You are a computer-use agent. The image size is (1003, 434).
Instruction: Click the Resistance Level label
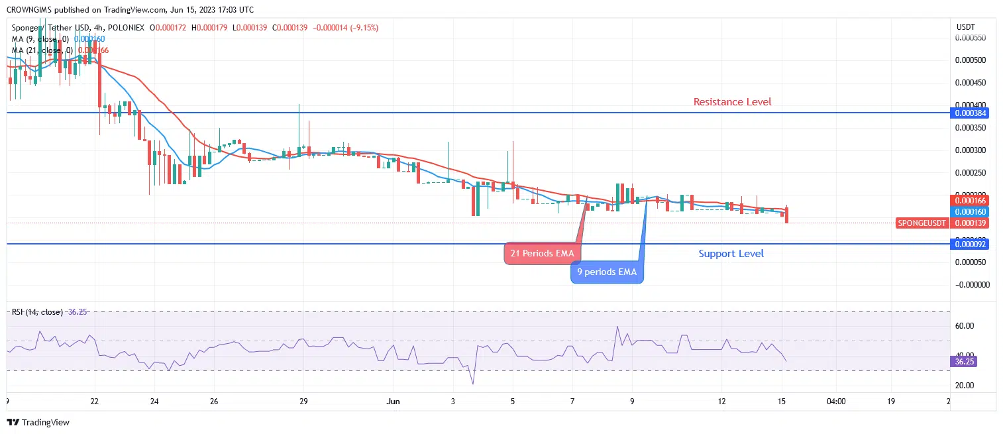tap(732, 102)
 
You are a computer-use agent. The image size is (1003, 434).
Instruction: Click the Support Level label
tap(731, 254)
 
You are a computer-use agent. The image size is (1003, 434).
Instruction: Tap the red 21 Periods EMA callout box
tap(541, 254)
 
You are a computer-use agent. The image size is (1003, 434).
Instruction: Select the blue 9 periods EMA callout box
tap(606, 272)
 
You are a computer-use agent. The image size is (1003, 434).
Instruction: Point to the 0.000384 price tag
tap(971, 113)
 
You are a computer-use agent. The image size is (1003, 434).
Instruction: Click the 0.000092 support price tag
tap(971, 244)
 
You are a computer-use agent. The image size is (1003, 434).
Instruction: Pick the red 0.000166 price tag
tap(971, 200)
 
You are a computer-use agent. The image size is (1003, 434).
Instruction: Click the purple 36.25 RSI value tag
tap(964, 362)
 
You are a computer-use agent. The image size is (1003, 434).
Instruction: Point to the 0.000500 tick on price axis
tap(971, 60)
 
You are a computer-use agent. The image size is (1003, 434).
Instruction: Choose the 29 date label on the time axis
tap(303, 401)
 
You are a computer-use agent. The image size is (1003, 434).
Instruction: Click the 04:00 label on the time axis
tap(836, 401)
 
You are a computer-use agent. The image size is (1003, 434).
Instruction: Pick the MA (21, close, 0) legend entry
tap(43, 50)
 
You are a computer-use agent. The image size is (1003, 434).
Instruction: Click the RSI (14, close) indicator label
tap(37, 312)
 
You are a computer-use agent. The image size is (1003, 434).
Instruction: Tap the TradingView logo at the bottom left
tap(38, 422)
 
